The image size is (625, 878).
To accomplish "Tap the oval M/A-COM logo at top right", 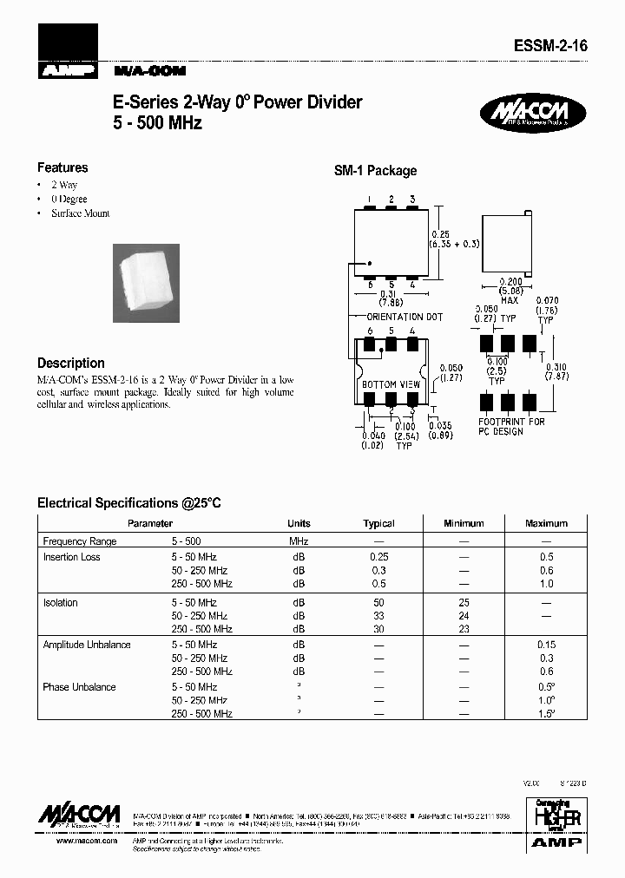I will [x=533, y=115].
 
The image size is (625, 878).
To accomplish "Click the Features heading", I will [x=62, y=167].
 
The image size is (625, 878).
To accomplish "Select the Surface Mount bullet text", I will [x=80, y=213].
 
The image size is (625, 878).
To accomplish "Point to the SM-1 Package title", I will [x=375, y=172].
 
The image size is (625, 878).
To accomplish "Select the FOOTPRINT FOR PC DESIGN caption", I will [x=511, y=426].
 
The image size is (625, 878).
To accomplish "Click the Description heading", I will [x=71, y=364].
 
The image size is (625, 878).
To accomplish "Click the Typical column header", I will [x=378, y=524].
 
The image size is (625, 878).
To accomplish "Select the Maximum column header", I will [x=546, y=524].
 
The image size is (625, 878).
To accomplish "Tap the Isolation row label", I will [x=60, y=603].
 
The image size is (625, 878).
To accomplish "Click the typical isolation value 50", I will [x=378, y=603].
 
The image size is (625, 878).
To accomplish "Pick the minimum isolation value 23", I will [x=464, y=629].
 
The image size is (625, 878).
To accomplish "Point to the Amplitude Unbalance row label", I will [x=87, y=645].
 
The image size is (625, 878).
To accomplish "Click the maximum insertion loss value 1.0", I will [x=546, y=585].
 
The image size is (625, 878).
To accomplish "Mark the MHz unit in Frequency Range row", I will [x=299, y=541].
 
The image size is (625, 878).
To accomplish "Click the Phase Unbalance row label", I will [x=79, y=688].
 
